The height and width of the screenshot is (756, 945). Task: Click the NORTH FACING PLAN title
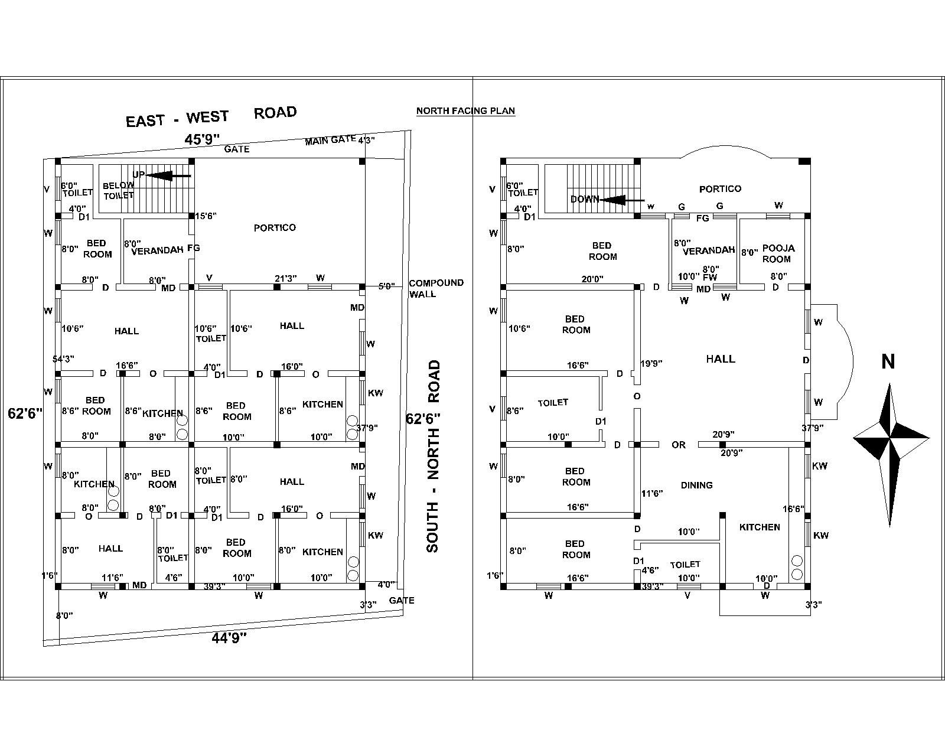click(465, 110)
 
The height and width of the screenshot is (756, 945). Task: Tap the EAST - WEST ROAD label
click(211, 116)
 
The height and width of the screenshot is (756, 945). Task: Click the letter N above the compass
click(888, 361)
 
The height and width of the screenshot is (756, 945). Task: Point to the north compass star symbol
click(891, 438)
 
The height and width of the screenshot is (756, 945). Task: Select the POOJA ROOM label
click(777, 253)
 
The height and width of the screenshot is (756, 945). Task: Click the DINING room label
click(696, 485)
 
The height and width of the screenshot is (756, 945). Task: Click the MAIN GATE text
click(330, 141)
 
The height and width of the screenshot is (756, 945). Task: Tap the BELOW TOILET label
click(118, 190)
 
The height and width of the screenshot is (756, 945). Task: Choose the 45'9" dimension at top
click(202, 139)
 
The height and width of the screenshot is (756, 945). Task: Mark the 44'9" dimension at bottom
click(229, 637)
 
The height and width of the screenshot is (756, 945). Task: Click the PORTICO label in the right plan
click(720, 189)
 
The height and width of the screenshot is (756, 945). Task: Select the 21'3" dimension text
click(286, 278)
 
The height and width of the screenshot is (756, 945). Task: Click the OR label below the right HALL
click(678, 445)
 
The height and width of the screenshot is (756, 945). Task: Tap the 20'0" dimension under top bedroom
click(592, 279)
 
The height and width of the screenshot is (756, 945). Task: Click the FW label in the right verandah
click(709, 276)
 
